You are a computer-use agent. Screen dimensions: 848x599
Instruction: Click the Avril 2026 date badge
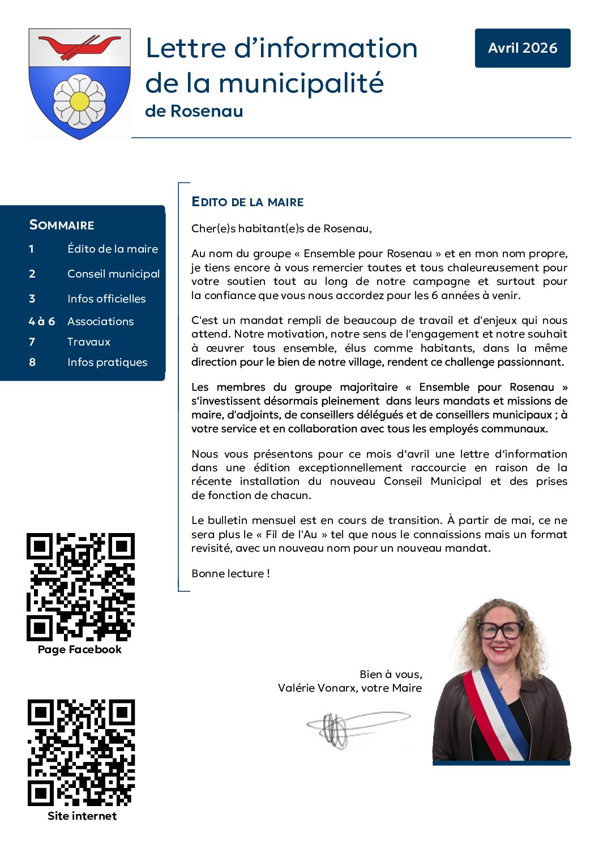coord(522,48)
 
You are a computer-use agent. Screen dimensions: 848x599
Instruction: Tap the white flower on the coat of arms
coord(79,102)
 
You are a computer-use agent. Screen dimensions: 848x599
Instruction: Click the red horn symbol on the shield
coord(79,46)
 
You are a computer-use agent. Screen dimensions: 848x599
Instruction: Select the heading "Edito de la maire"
coord(247,202)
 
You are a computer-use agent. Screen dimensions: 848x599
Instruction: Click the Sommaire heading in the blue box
coord(62,225)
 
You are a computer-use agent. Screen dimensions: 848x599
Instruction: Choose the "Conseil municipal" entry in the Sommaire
coord(113,274)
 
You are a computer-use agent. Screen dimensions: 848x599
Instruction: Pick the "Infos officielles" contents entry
coord(106,299)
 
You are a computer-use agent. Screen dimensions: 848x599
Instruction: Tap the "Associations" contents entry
coord(101,321)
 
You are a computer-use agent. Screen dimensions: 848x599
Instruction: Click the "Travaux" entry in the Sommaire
coord(89,342)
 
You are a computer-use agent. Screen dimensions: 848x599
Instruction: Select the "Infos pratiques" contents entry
coord(107,362)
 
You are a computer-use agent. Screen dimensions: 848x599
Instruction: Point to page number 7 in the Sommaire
coord(32,342)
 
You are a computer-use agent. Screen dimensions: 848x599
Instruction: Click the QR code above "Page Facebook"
coord(80,586)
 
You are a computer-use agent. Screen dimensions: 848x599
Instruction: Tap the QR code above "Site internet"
coord(81,752)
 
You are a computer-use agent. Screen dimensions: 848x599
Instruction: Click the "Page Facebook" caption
coord(80,649)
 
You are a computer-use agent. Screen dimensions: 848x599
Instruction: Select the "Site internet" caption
coord(82,816)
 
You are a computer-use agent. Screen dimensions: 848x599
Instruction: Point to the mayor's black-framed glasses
coord(500,629)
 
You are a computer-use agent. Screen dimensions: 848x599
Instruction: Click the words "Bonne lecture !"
coord(230,573)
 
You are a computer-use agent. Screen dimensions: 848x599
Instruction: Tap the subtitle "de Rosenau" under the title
coord(194,111)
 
